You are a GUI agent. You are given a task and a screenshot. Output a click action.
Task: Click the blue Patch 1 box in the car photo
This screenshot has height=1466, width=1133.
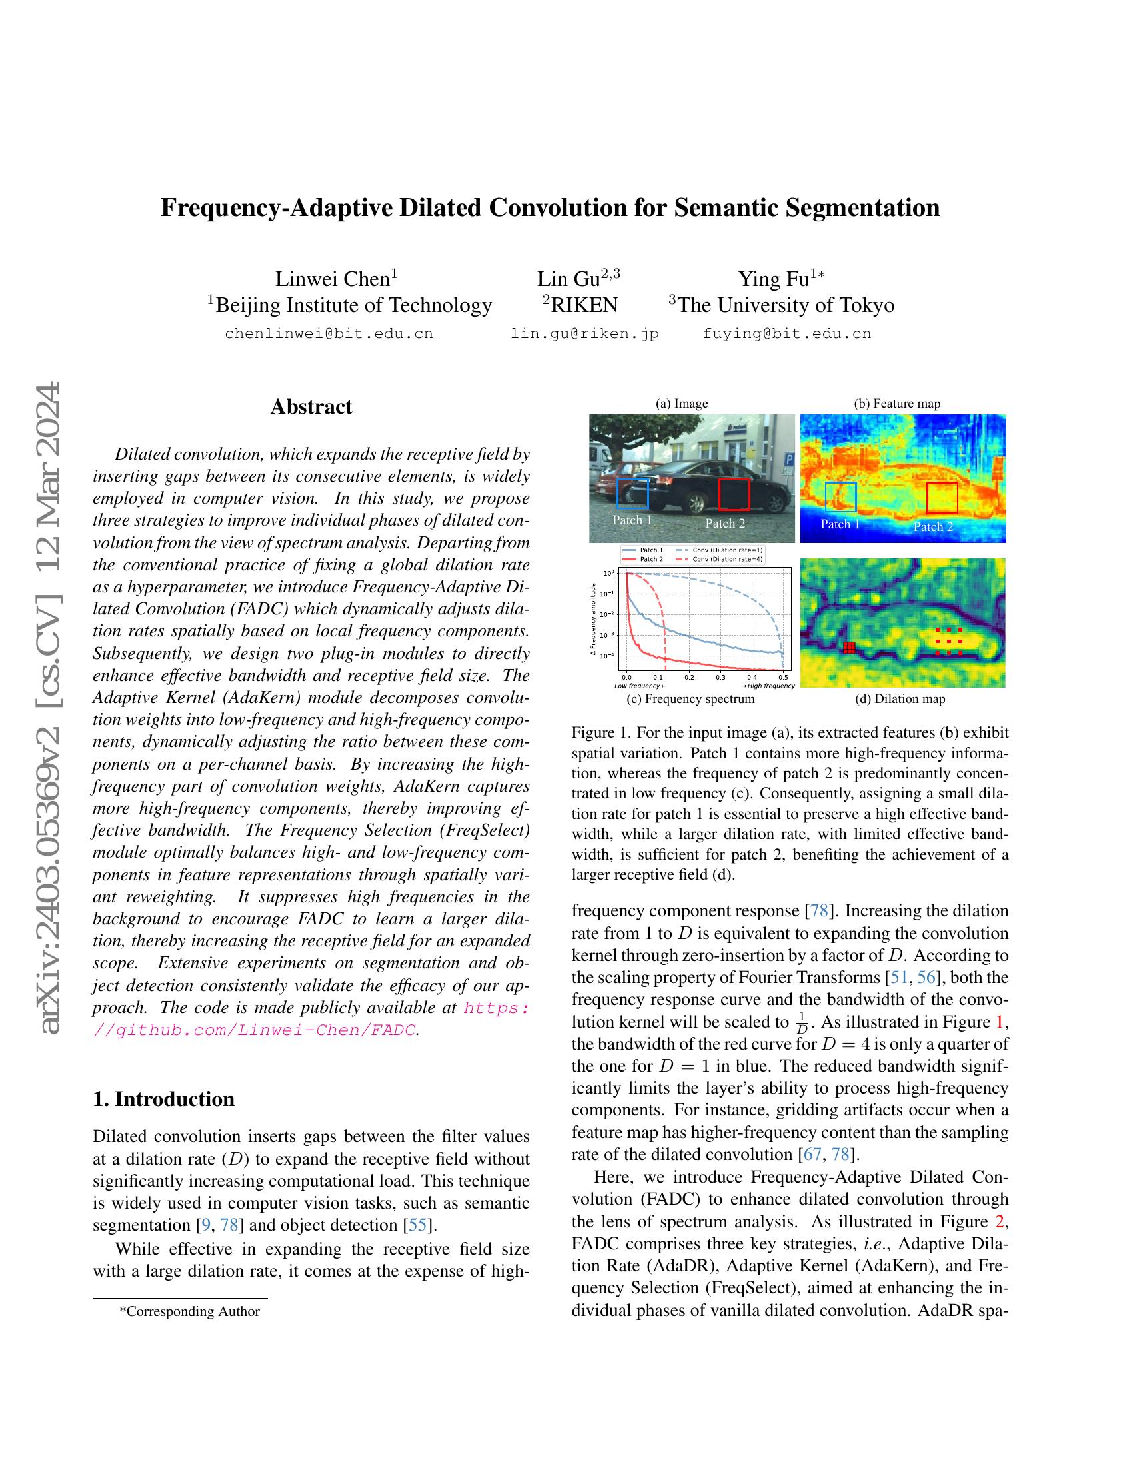click(632, 492)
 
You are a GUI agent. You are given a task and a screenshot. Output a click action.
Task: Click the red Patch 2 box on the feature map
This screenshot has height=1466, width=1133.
click(942, 497)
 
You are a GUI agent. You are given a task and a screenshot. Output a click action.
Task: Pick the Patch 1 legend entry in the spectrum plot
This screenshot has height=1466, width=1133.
click(652, 550)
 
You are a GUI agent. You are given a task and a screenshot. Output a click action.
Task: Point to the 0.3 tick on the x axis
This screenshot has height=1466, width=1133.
click(720, 677)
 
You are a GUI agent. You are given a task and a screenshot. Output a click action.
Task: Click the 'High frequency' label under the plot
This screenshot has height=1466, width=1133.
click(768, 686)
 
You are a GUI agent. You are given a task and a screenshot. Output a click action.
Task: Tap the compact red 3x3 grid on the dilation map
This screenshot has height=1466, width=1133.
click(849, 647)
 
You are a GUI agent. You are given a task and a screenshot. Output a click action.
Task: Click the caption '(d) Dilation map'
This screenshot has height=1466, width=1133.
click(900, 699)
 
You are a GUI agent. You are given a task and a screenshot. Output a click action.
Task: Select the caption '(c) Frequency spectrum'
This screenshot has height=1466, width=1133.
click(690, 699)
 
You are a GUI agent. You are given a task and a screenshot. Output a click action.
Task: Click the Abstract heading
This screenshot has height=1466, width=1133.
click(311, 406)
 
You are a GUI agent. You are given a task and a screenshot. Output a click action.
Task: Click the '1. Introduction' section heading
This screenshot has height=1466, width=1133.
click(164, 1099)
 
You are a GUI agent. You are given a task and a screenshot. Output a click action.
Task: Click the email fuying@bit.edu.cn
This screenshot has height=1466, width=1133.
click(786, 334)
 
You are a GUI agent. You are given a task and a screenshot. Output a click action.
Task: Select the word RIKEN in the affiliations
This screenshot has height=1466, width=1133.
click(584, 305)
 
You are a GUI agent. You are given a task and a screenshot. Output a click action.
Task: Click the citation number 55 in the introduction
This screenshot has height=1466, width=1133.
click(417, 1225)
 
